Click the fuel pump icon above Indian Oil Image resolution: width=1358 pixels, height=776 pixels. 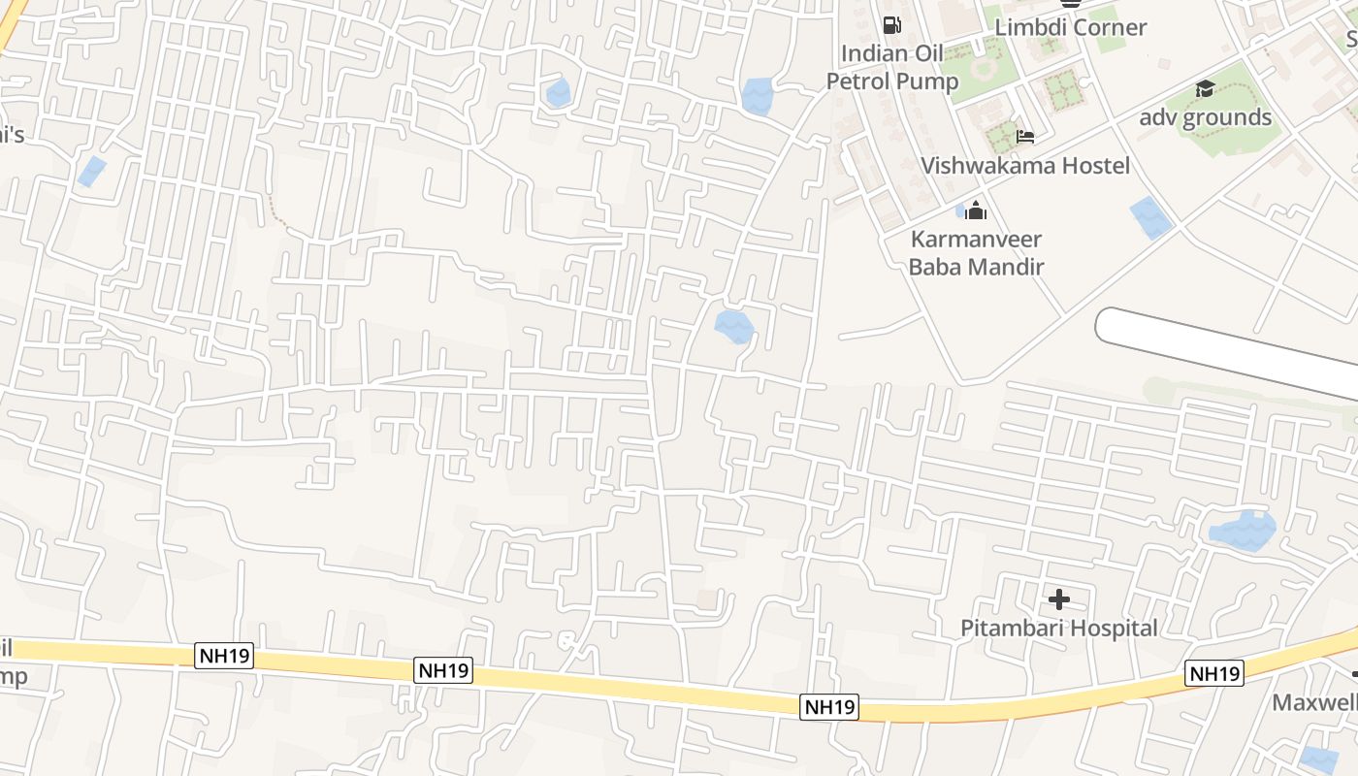pos(891,25)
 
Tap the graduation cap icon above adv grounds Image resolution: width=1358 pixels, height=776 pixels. pos(1205,89)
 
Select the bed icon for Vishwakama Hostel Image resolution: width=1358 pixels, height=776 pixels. pos(1025,137)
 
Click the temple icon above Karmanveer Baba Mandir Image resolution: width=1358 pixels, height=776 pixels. pos(976,210)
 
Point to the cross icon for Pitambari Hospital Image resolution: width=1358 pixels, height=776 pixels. pos(1059,599)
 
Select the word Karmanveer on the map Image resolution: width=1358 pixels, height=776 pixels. pos(976,240)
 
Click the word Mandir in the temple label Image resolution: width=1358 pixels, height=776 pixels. pos(1009,266)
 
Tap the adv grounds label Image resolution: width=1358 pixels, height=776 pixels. pos(1206,117)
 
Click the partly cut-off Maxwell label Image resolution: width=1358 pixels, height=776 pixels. pos(1315,702)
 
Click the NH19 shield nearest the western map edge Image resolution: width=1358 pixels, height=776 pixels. pos(224,656)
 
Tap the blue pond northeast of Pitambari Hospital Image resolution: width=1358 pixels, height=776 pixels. pos(1243,531)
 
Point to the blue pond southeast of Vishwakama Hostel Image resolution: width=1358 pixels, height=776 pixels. pos(1151,217)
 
